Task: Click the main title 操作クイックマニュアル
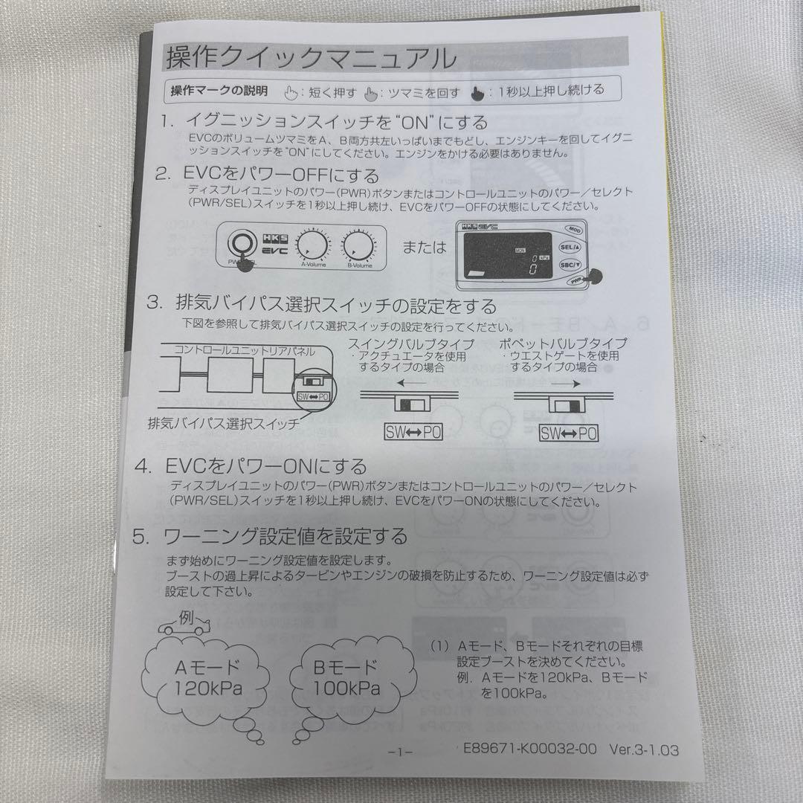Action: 310,57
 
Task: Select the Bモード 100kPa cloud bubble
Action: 346,677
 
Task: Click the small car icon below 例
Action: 185,629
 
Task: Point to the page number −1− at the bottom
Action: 400,752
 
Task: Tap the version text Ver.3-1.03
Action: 644,750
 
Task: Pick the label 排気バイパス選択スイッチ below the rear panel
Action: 224,425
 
